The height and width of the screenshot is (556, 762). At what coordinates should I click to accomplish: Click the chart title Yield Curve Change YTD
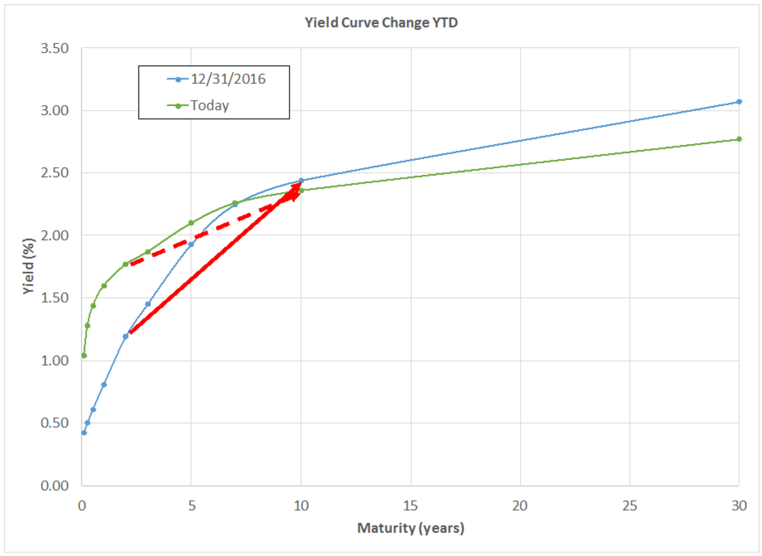tap(380, 24)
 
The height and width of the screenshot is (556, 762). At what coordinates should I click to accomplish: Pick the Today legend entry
tap(210, 105)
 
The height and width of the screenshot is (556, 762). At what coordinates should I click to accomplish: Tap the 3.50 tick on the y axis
tap(54, 49)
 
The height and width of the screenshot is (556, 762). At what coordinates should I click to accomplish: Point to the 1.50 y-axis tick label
tap(54, 298)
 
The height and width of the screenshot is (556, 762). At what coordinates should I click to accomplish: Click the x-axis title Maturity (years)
tap(410, 528)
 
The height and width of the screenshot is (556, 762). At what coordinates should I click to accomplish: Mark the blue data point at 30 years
tap(739, 102)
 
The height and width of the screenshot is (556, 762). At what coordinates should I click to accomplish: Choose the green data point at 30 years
tap(739, 139)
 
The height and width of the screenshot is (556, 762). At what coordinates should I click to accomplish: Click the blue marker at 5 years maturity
tap(191, 244)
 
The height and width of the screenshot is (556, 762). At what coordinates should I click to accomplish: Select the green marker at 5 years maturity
tap(191, 223)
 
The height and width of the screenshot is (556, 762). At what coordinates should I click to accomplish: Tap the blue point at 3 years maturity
tap(148, 304)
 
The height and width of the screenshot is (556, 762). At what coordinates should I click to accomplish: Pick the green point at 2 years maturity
tap(126, 264)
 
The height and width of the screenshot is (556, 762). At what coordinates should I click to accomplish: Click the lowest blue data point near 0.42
tap(84, 433)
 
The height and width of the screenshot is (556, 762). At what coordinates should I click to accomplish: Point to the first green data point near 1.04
tap(84, 356)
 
